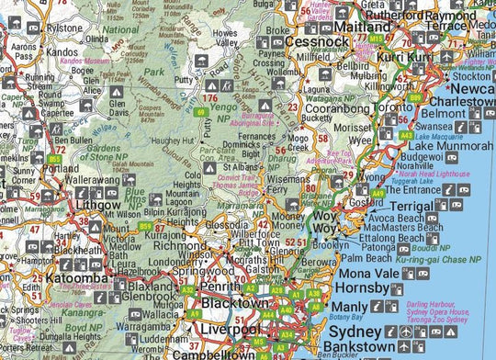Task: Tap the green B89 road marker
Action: pyautogui.click(x=415, y=97)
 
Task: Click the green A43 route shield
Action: pyautogui.click(x=406, y=135)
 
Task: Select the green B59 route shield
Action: pyautogui.click(x=146, y=226)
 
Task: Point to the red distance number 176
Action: pyautogui.click(x=210, y=97)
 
